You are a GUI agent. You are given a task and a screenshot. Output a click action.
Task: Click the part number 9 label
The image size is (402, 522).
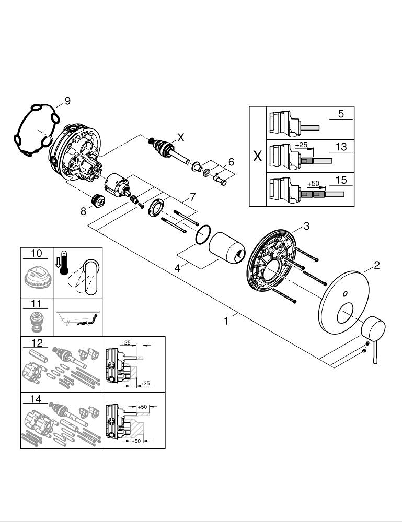point(66,101)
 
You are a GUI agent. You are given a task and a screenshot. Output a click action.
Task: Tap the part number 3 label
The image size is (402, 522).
point(307,226)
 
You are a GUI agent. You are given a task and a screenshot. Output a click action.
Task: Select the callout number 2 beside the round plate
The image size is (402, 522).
point(376,266)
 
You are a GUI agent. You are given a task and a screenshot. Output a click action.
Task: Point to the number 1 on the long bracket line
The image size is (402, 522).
point(226,322)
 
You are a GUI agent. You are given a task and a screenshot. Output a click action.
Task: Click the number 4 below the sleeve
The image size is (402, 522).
point(178,268)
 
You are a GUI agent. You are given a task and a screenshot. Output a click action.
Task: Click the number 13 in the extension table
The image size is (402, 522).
point(341,147)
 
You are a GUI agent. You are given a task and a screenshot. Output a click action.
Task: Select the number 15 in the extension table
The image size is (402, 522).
point(341,180)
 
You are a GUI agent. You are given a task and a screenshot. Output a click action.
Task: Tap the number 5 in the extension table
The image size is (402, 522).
point(341,114)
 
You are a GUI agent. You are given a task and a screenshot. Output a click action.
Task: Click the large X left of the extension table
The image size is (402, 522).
point(257,156)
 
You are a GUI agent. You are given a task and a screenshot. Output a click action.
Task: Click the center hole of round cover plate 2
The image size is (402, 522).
point(346,316)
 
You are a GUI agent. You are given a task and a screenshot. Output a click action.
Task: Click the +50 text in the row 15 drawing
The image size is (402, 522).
point(313,184)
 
